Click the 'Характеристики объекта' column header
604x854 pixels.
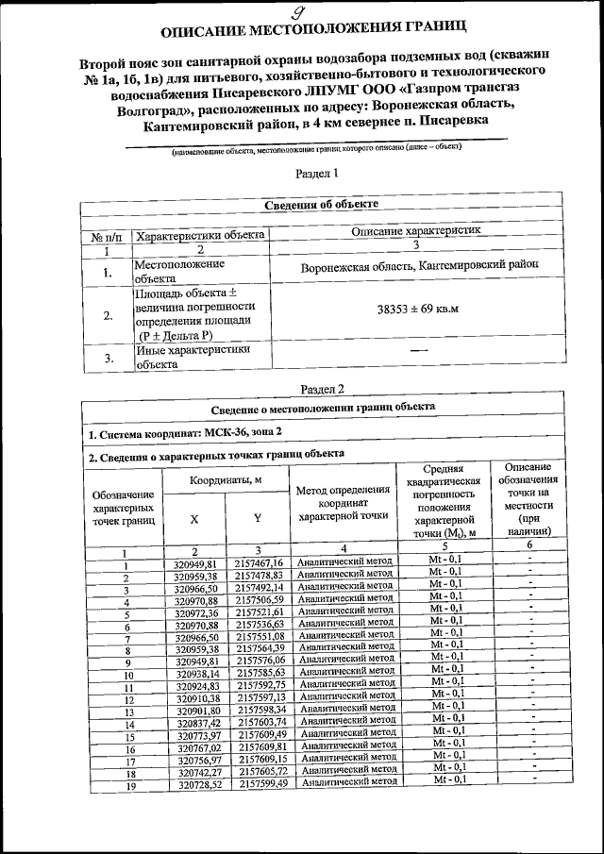click(199, 236)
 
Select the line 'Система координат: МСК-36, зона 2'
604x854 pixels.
click(184, 433)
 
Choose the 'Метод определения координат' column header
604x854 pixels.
click(344, 503)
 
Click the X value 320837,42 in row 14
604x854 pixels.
click(195, 722)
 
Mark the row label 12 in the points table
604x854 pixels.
click(126, 700)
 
